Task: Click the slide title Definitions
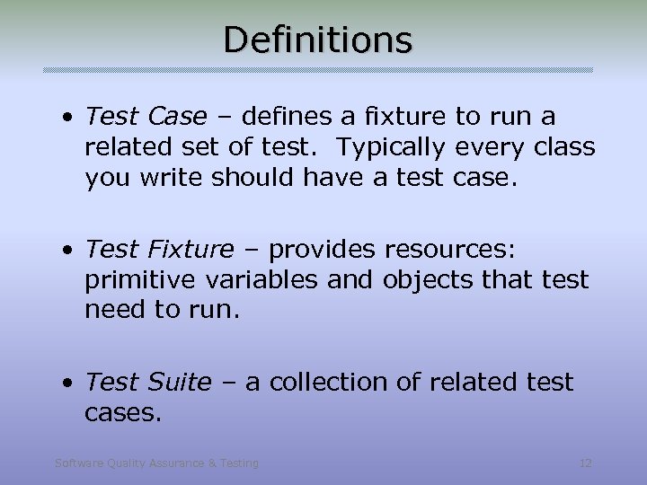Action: (x=317, y=40)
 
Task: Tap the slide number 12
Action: (x=586, y=463)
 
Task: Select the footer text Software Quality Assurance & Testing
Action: (x=156, y=463)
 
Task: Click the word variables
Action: (x=261, y=279)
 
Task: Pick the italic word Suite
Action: (x=179, y=382)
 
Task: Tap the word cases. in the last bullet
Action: (x=123, y=412)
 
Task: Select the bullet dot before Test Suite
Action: (x=68, y=383)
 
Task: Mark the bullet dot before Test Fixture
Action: (x=68, y=250)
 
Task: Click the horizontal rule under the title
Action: (x=318, y=70)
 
